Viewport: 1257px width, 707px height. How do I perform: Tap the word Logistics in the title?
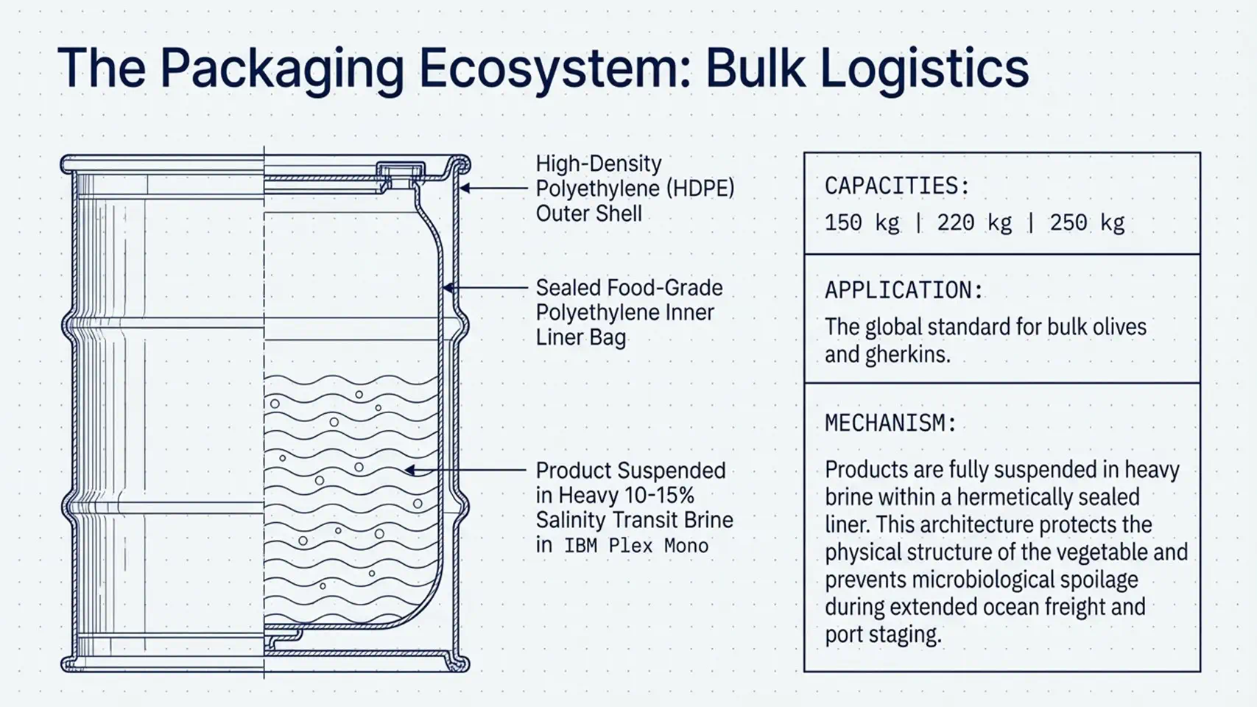tap(924, 69)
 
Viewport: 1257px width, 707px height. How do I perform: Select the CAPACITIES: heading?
tap(897, 186)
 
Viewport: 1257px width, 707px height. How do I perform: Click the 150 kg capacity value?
tap(862, 222)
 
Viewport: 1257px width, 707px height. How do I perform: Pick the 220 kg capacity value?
tap(974, 222)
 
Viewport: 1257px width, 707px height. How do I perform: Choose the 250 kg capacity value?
tap(1087, 222)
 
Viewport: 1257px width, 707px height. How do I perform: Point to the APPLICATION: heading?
tap(904, 290)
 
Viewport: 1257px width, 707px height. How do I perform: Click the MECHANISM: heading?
tap(890, 423)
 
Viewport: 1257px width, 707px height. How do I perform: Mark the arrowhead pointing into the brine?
tap(409, 470)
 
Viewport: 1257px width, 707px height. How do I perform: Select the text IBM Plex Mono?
tap(636, 546)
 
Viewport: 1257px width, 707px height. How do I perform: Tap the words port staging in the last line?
tap(883, 635)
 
